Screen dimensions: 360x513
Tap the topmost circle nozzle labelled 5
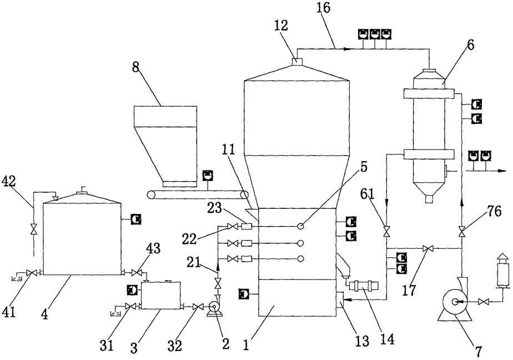[300, 226]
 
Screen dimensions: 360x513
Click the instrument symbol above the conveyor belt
[207, 175]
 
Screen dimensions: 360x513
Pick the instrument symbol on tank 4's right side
[135, 219]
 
